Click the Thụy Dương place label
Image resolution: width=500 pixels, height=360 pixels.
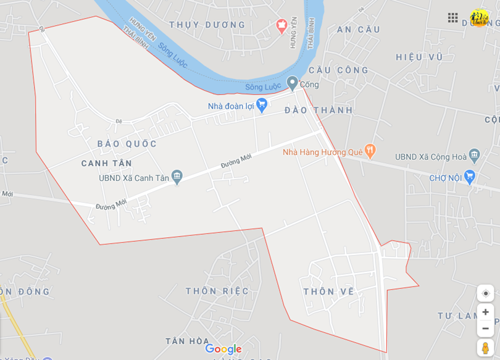[207, 25]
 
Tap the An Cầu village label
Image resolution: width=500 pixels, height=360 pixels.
[359, 30]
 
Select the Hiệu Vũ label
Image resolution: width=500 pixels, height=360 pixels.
[420, 57]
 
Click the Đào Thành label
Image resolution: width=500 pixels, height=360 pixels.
[319, 111]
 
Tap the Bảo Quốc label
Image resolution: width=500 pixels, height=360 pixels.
[127, 144]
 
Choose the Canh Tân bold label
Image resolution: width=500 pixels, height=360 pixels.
[107, 164]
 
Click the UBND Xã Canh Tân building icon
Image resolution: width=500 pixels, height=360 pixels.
[177, 177]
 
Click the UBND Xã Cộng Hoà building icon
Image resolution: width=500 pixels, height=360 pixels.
[474, 154]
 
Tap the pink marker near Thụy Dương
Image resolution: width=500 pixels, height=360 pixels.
[282, 25]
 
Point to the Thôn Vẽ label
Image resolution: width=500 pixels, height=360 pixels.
[329, 291]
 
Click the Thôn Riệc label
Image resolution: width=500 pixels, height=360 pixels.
[217, 291]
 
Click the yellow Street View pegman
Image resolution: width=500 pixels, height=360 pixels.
[485, 348]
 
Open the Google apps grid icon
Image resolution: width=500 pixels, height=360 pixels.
[453, 18]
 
